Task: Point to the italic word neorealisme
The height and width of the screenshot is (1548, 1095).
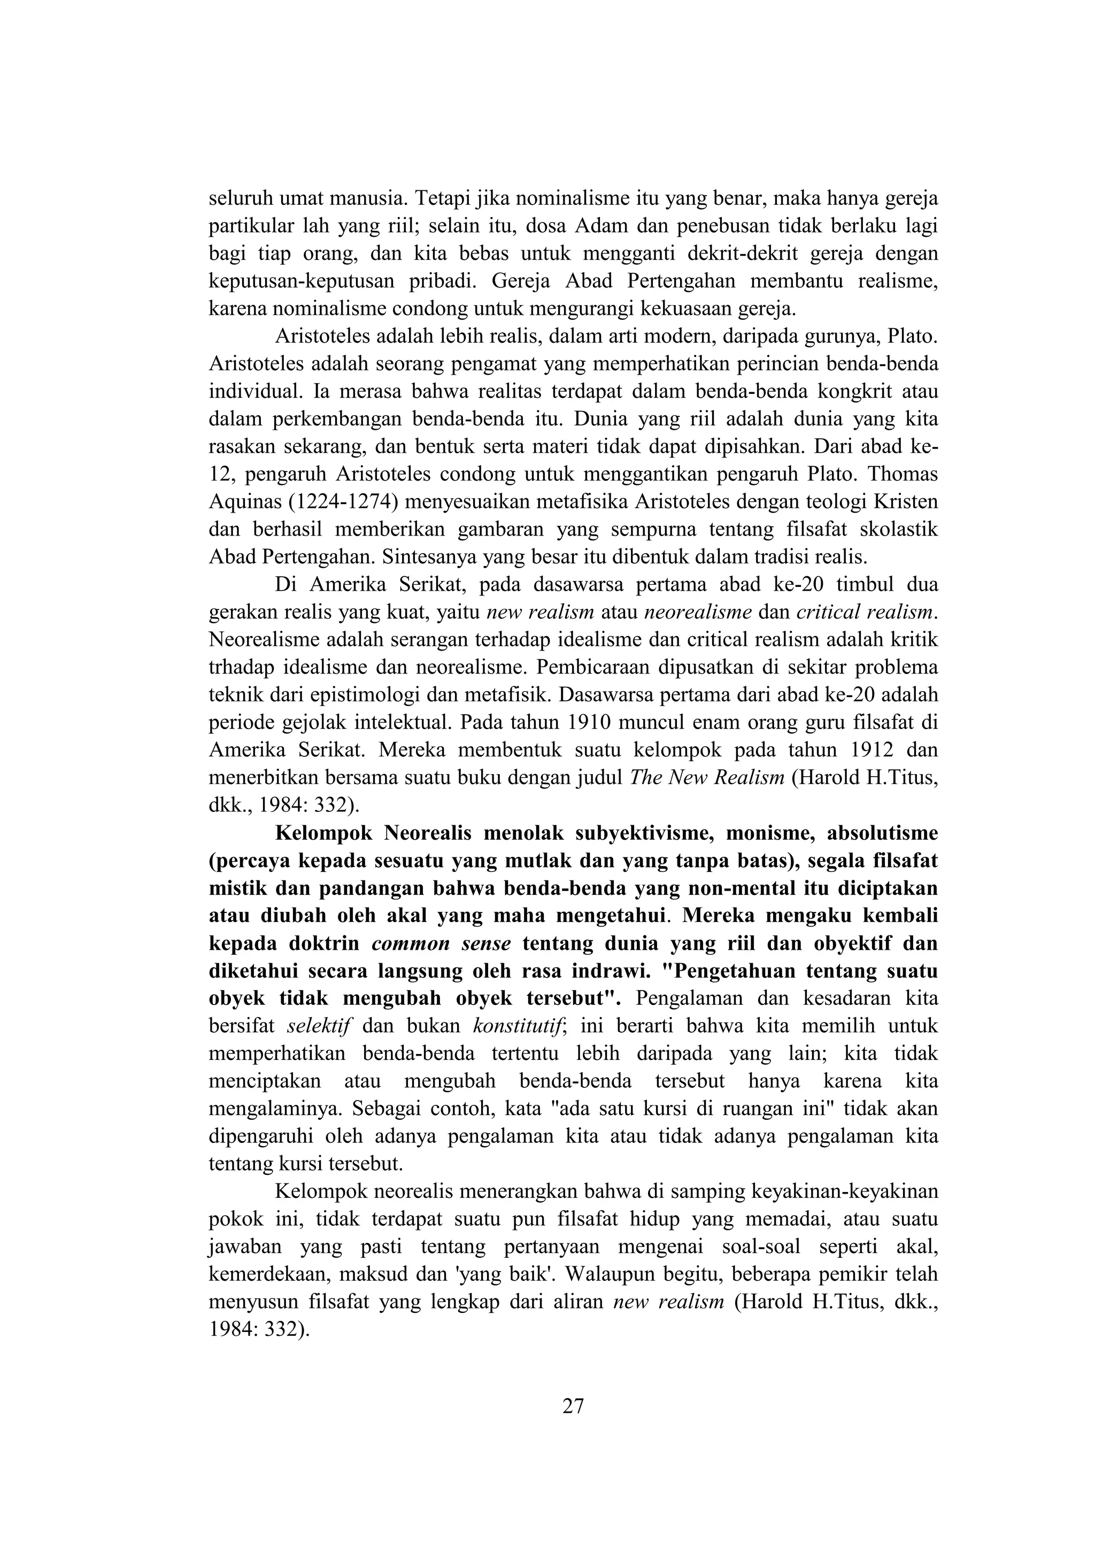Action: (x=698, y=612)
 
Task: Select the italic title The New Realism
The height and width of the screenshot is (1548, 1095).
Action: (x=707, y=778)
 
